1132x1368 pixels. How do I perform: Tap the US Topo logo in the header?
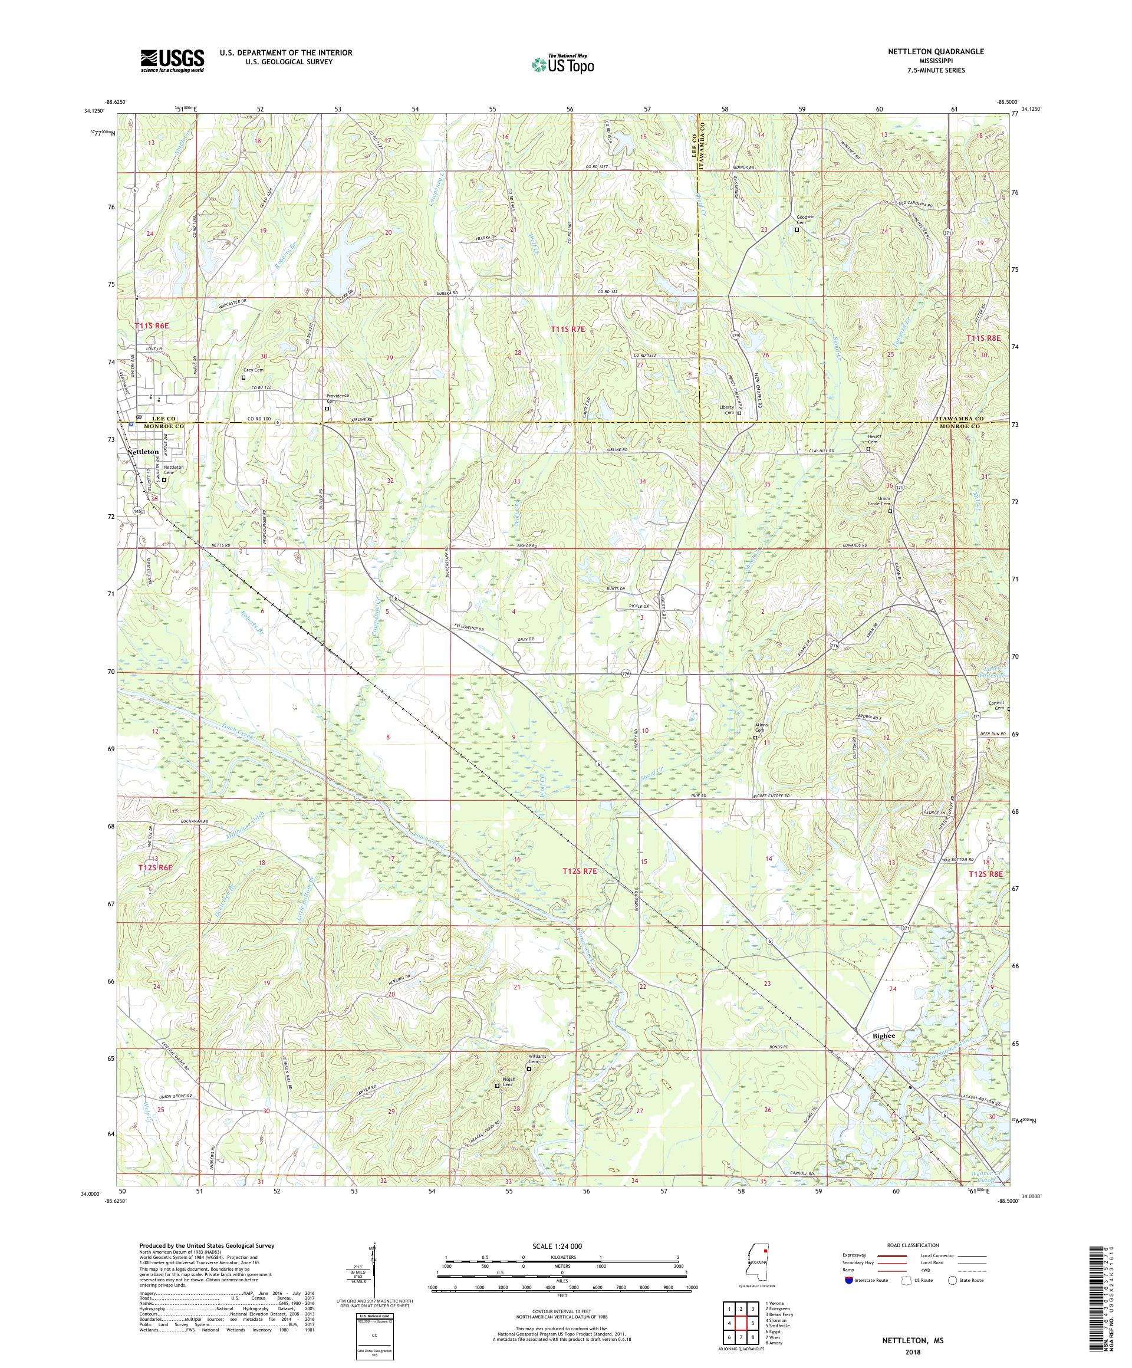coord(564,63)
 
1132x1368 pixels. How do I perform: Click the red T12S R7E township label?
coord(580,870)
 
